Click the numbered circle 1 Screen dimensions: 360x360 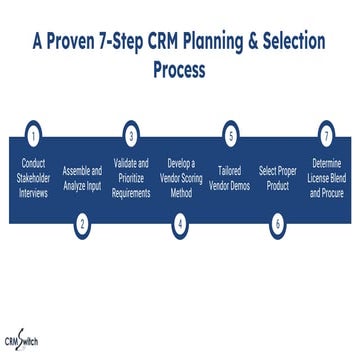pos(34,134)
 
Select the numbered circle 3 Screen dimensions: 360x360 pos(131,134)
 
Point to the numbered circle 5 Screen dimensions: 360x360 pos(229,134)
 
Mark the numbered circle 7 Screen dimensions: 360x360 pos(326,134)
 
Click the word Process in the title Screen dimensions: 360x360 pos(180,71)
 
